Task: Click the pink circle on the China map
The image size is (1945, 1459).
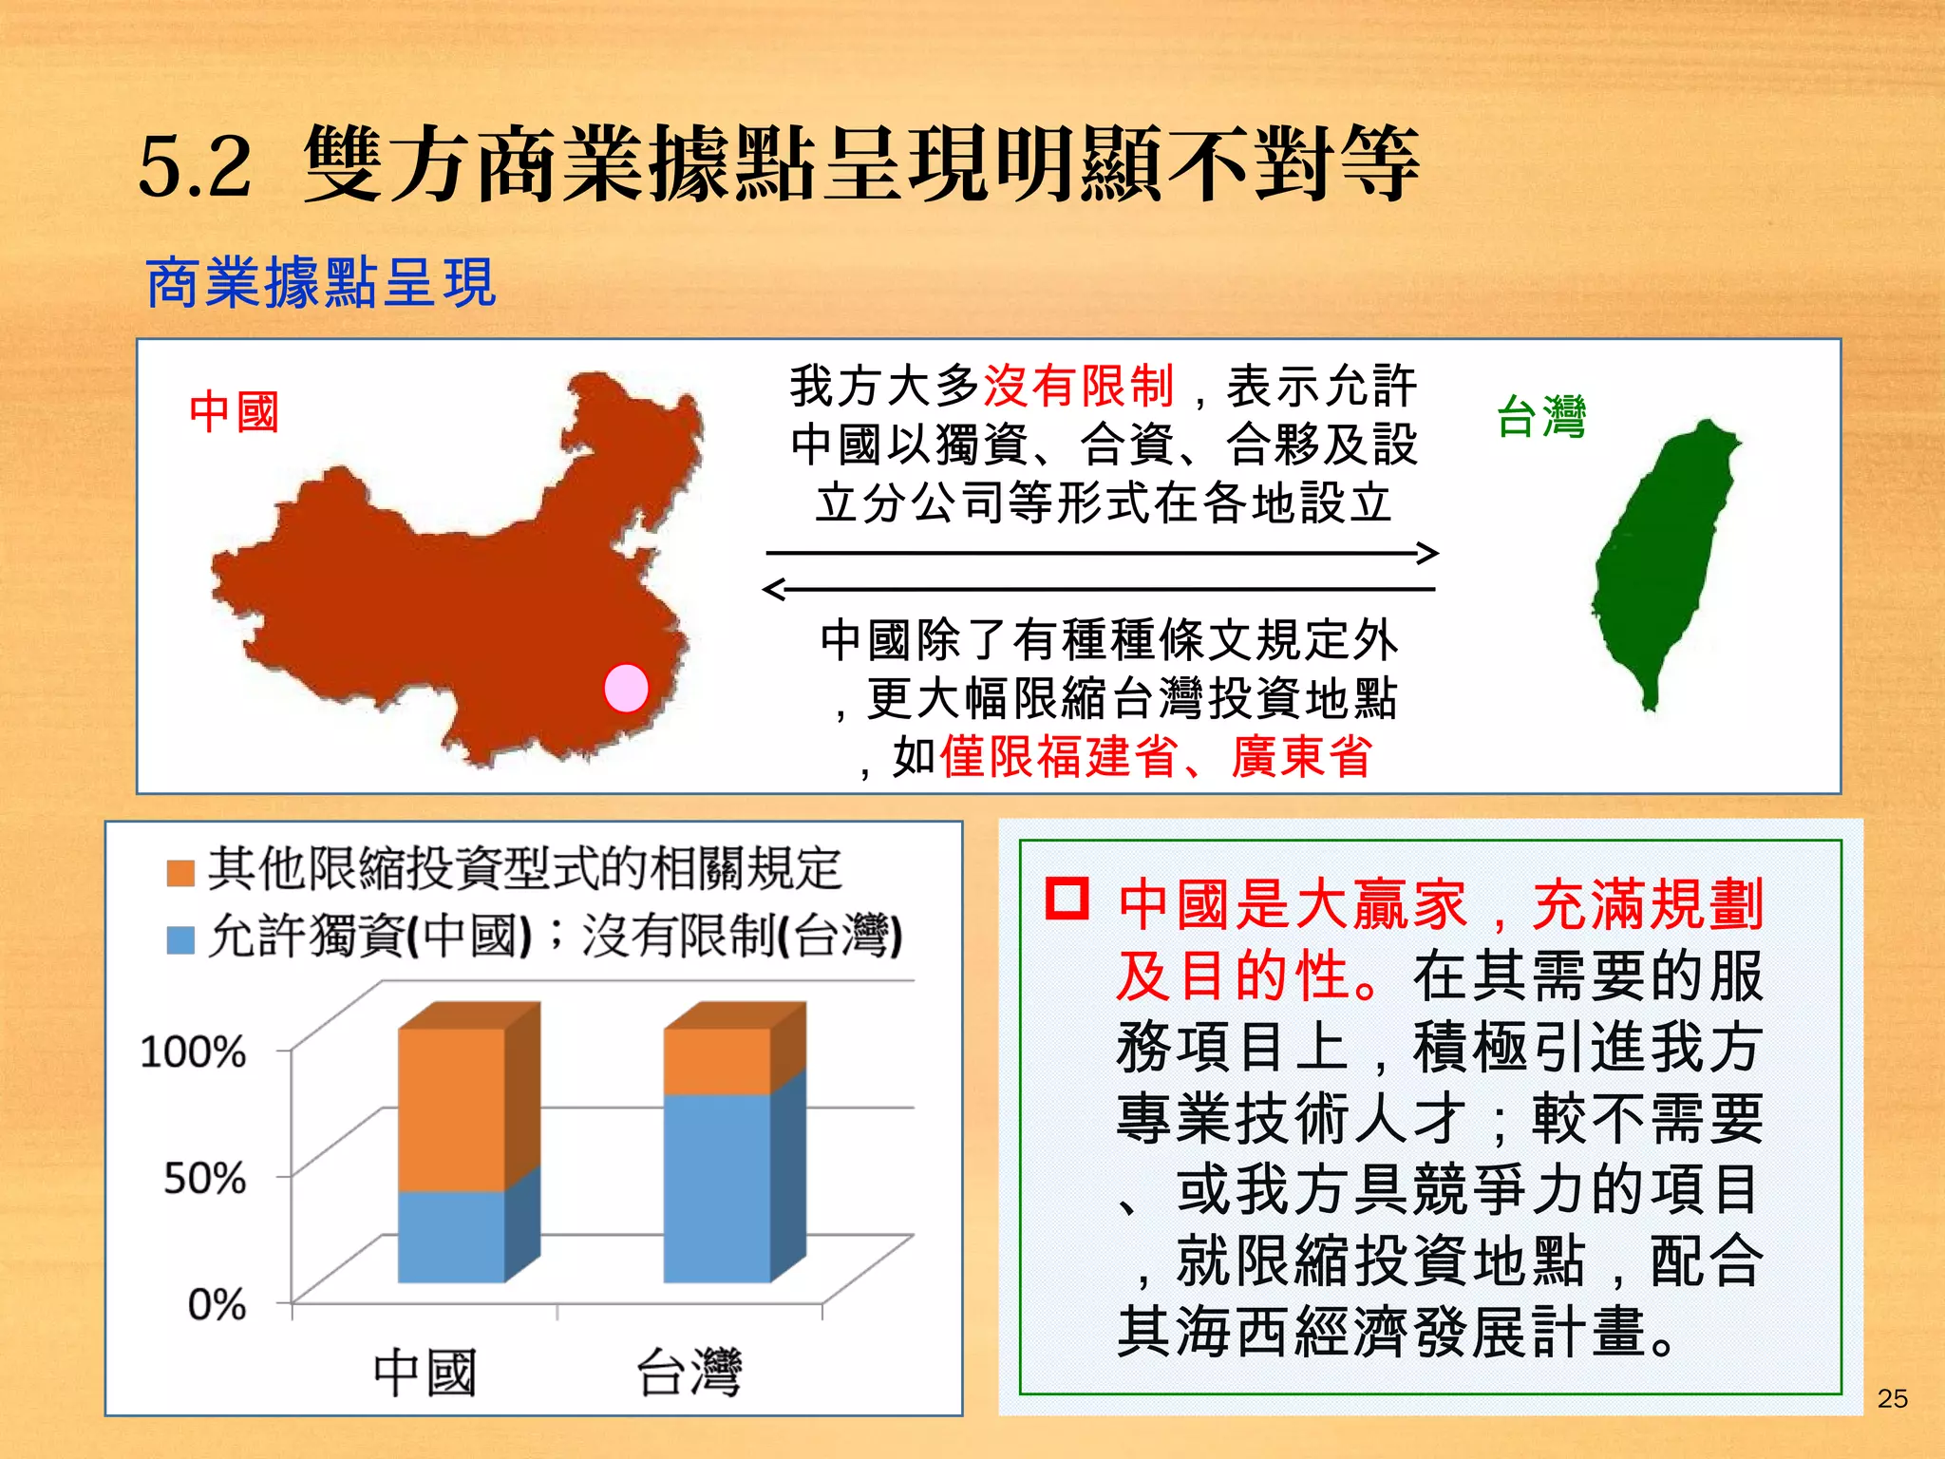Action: pos(626,688)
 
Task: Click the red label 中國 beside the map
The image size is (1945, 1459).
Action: pos(234,412)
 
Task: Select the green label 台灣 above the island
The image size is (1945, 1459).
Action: pos(1540,417)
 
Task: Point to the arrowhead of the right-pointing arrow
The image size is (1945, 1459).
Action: pos(1429,553)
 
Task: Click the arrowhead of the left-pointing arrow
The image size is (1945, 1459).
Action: pos(774,590)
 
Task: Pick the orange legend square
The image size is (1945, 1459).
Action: pos(180,872)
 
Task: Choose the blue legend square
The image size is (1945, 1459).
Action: pos(180,940)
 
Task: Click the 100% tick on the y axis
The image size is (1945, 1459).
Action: pos(193,1052)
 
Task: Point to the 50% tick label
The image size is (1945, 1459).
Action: pos(204,1179)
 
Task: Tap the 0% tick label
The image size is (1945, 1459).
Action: pos(217,1305)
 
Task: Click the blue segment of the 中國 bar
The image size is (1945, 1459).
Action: pos(451,1237)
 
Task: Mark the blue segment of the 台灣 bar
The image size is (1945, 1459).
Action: pos(717,1187)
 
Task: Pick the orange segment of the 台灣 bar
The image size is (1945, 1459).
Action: pos(717,1061)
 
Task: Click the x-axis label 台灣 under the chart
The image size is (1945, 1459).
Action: pos(689,1374)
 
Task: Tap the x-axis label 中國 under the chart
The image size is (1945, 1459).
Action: pos(424,1374)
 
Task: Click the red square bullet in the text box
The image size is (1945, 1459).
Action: pos(1067,899)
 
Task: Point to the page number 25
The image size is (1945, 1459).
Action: pos(1892,1398)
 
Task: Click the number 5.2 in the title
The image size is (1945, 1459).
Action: pos(196,166)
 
